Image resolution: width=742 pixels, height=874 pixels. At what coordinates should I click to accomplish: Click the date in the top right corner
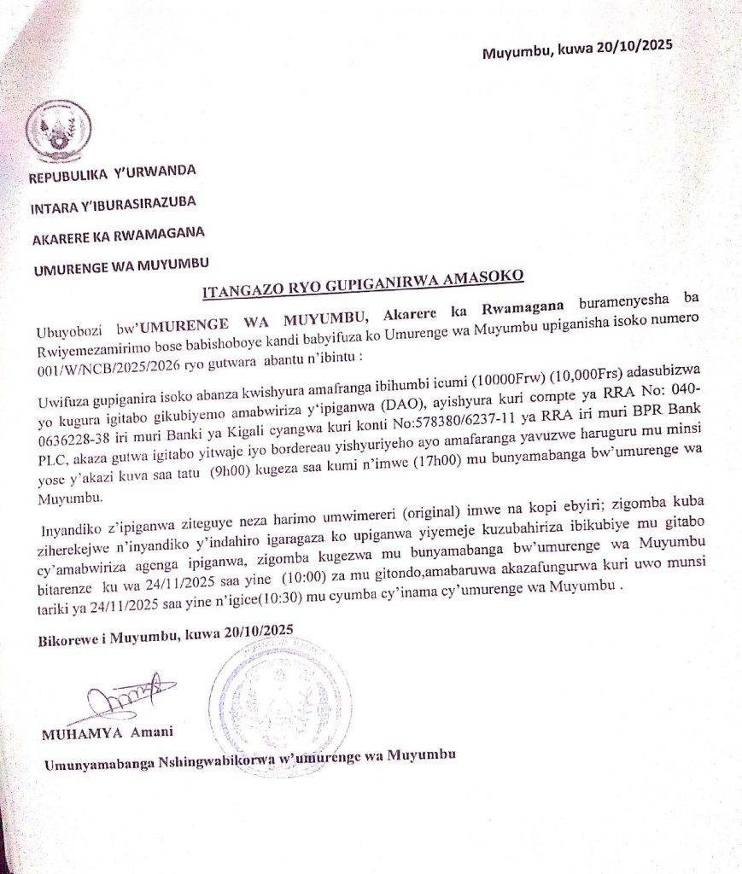[x=577, y=49]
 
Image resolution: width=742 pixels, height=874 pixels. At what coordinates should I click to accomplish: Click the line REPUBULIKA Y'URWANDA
[x=113, y=173]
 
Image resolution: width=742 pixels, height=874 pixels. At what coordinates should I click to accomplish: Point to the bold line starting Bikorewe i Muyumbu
[x=165, y=632]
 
